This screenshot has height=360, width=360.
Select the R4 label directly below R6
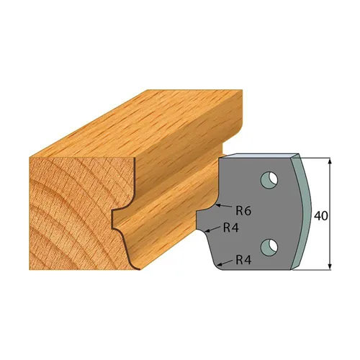(x=231, y=227)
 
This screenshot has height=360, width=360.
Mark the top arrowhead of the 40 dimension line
(x=330, y=160)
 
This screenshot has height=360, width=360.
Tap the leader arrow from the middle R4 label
(x=208, y=230)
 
